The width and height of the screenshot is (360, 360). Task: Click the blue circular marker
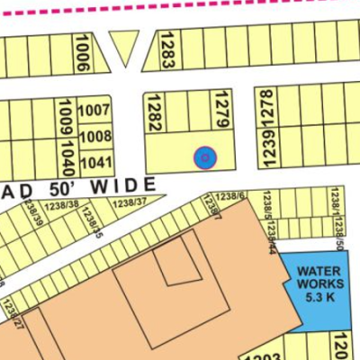[205, 157]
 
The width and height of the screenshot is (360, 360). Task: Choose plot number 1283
[166, 50]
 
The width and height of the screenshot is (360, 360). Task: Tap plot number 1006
[84, 51]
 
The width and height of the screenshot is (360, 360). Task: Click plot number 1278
[266, 109]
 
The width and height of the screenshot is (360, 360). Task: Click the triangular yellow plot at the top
[124, 45]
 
